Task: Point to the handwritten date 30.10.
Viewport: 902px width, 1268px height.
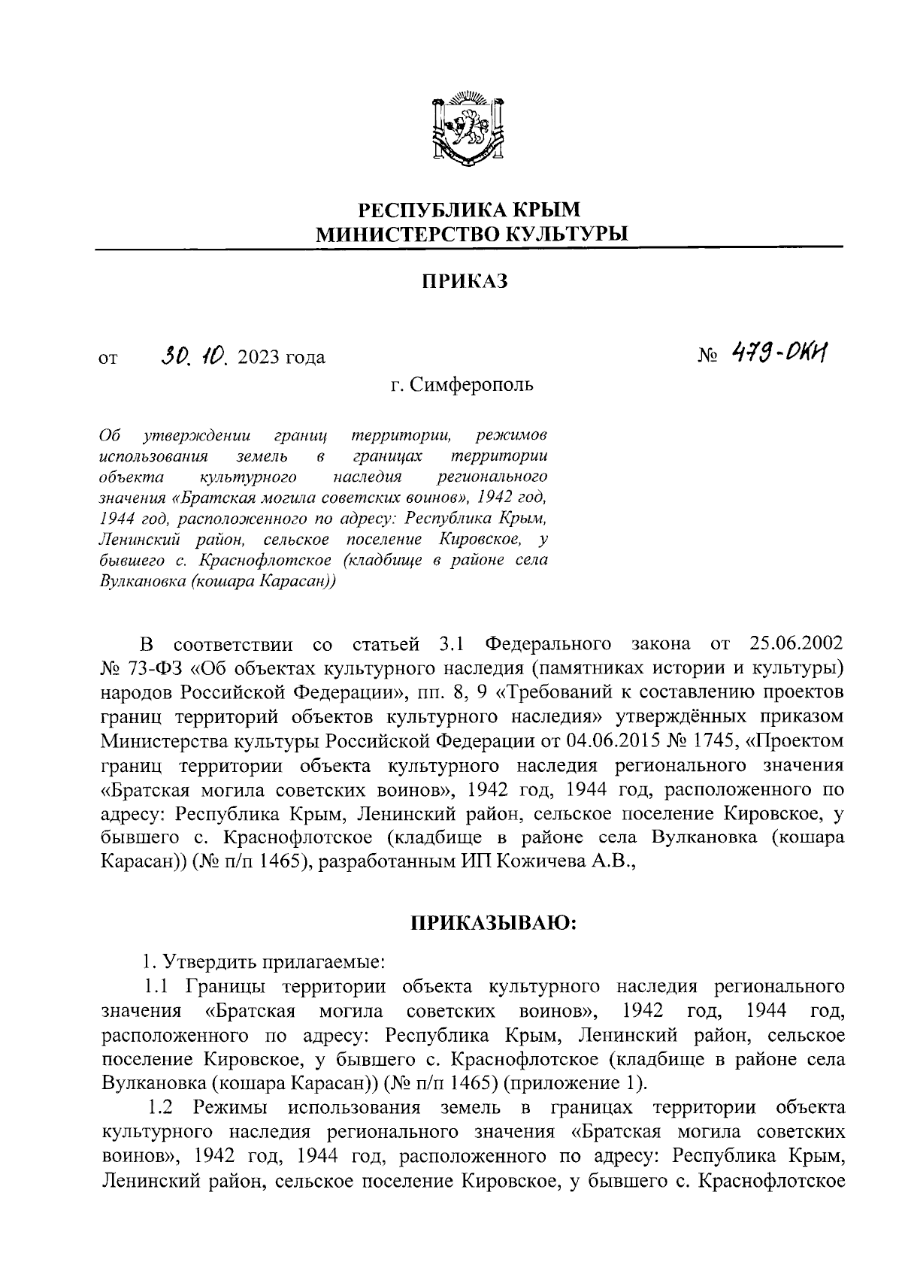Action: [x=195, y=355]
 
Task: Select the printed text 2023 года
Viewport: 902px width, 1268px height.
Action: [x=281, y=357]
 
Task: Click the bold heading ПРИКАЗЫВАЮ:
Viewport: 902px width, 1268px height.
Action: [x=492, y=921]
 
